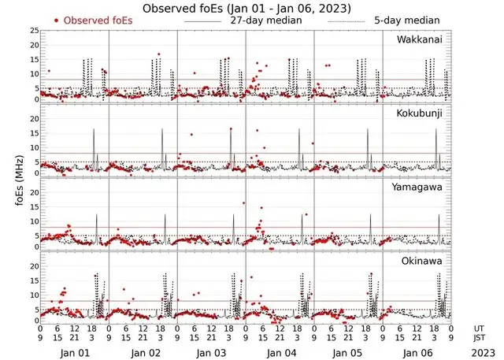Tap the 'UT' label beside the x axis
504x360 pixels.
point(480,327)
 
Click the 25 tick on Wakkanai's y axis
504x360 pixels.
point(34,31)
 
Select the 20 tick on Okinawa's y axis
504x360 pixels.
point(34,266)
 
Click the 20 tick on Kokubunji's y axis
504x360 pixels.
point(34,119)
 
